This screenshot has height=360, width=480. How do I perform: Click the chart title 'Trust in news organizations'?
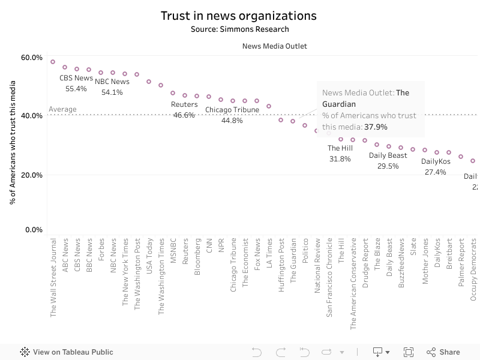[x=238, y=16]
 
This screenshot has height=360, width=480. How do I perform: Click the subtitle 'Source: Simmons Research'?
[x=239, y=29]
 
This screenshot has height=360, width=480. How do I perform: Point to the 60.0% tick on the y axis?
[x=32, y=58]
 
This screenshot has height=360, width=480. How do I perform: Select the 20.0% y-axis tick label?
[x=32, y=175]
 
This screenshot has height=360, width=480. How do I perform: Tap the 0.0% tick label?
[x=34, y=230]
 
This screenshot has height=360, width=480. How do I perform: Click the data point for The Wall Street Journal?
[x=53, y=62]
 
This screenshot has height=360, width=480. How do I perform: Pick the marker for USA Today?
[x=149, y=82]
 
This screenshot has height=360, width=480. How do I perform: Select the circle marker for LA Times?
[x=269, y=106]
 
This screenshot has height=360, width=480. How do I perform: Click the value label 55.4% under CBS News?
[x=76, y=89]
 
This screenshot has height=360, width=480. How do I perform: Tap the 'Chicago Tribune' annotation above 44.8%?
[x=232, y=110]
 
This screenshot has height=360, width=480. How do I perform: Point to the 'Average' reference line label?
[x=62, y=109]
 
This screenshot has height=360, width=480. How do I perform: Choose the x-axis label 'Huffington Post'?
[x=281, y=265]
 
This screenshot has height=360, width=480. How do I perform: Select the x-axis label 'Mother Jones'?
[x=425, y=262]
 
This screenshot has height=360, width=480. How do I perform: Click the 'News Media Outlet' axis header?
[x=275, y=46]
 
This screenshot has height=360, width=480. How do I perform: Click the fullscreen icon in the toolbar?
[x=409, y=352]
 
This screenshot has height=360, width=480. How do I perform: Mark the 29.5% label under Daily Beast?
[x=388, y=166]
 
